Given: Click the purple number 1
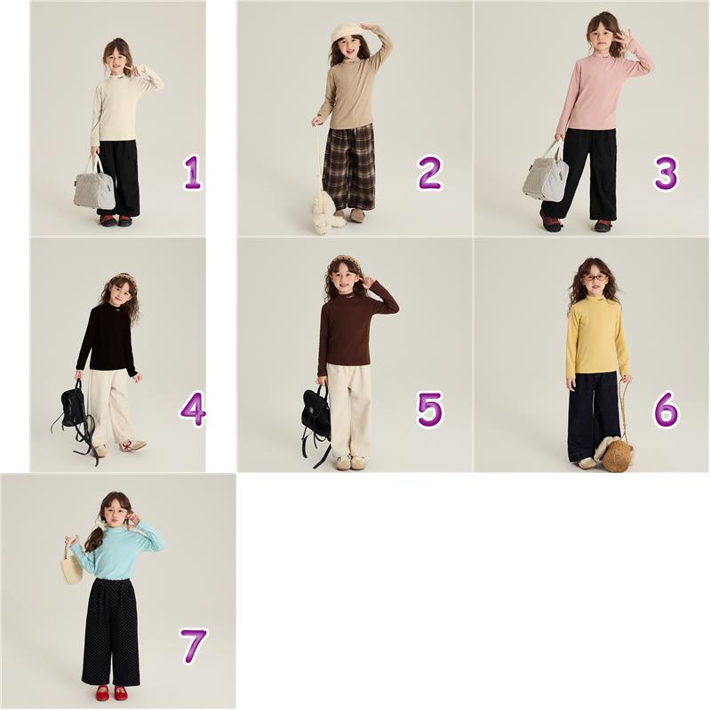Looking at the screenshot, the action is pyautogui.click(x=193, y=172).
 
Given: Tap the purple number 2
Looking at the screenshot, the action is pyautogui.click(x=429, y=172).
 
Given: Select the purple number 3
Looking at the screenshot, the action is pyautogui.click(x=666, y=172).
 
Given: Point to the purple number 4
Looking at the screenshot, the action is pyautogui.click(x=193, y=409).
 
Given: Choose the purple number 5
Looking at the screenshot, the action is pyautogui.click(x=429, y=409).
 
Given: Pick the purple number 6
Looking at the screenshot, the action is pyautogui.click(x=666, y=409).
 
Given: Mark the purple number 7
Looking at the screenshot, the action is pyautogui.click(x=194, y=645).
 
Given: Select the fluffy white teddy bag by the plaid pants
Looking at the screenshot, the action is pyautogui.click(x=326, y=210).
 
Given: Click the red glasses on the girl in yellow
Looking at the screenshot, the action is pyautogui.click(x=595, y=277).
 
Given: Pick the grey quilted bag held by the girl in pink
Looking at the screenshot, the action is pyautogui.click(x=546, y=172).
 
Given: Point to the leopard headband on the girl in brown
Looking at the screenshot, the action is pyautogui.click(x=346, y=263).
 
